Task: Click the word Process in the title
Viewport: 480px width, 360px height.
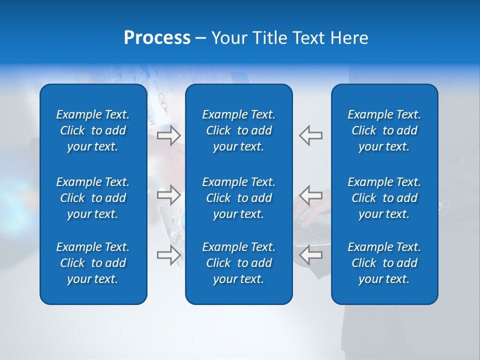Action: coord(157,38)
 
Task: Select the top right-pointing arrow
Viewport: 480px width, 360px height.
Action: coord(169,135)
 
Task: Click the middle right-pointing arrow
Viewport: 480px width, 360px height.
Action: coord(169,194)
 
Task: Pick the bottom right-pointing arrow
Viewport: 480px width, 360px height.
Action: coord(169,255)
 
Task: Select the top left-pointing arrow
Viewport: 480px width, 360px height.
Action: coord(311,135)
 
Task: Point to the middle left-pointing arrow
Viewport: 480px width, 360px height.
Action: coord(311,194)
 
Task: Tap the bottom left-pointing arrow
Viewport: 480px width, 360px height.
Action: coord(311,255)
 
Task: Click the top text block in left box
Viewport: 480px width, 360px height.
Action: coord(93,130)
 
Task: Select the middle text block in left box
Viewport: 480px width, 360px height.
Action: coord(93,198)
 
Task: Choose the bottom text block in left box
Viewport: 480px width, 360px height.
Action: coord(93,263)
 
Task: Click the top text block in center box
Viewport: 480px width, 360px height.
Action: coord(239,130)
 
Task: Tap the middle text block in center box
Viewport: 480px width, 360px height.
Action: coord(239,198)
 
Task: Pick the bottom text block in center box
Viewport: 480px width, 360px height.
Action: coord(239,263)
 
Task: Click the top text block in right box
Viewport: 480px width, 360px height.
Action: coord(384,130)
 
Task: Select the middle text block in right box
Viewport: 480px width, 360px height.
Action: coord(384,198)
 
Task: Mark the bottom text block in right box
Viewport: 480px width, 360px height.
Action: coord(384,263)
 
